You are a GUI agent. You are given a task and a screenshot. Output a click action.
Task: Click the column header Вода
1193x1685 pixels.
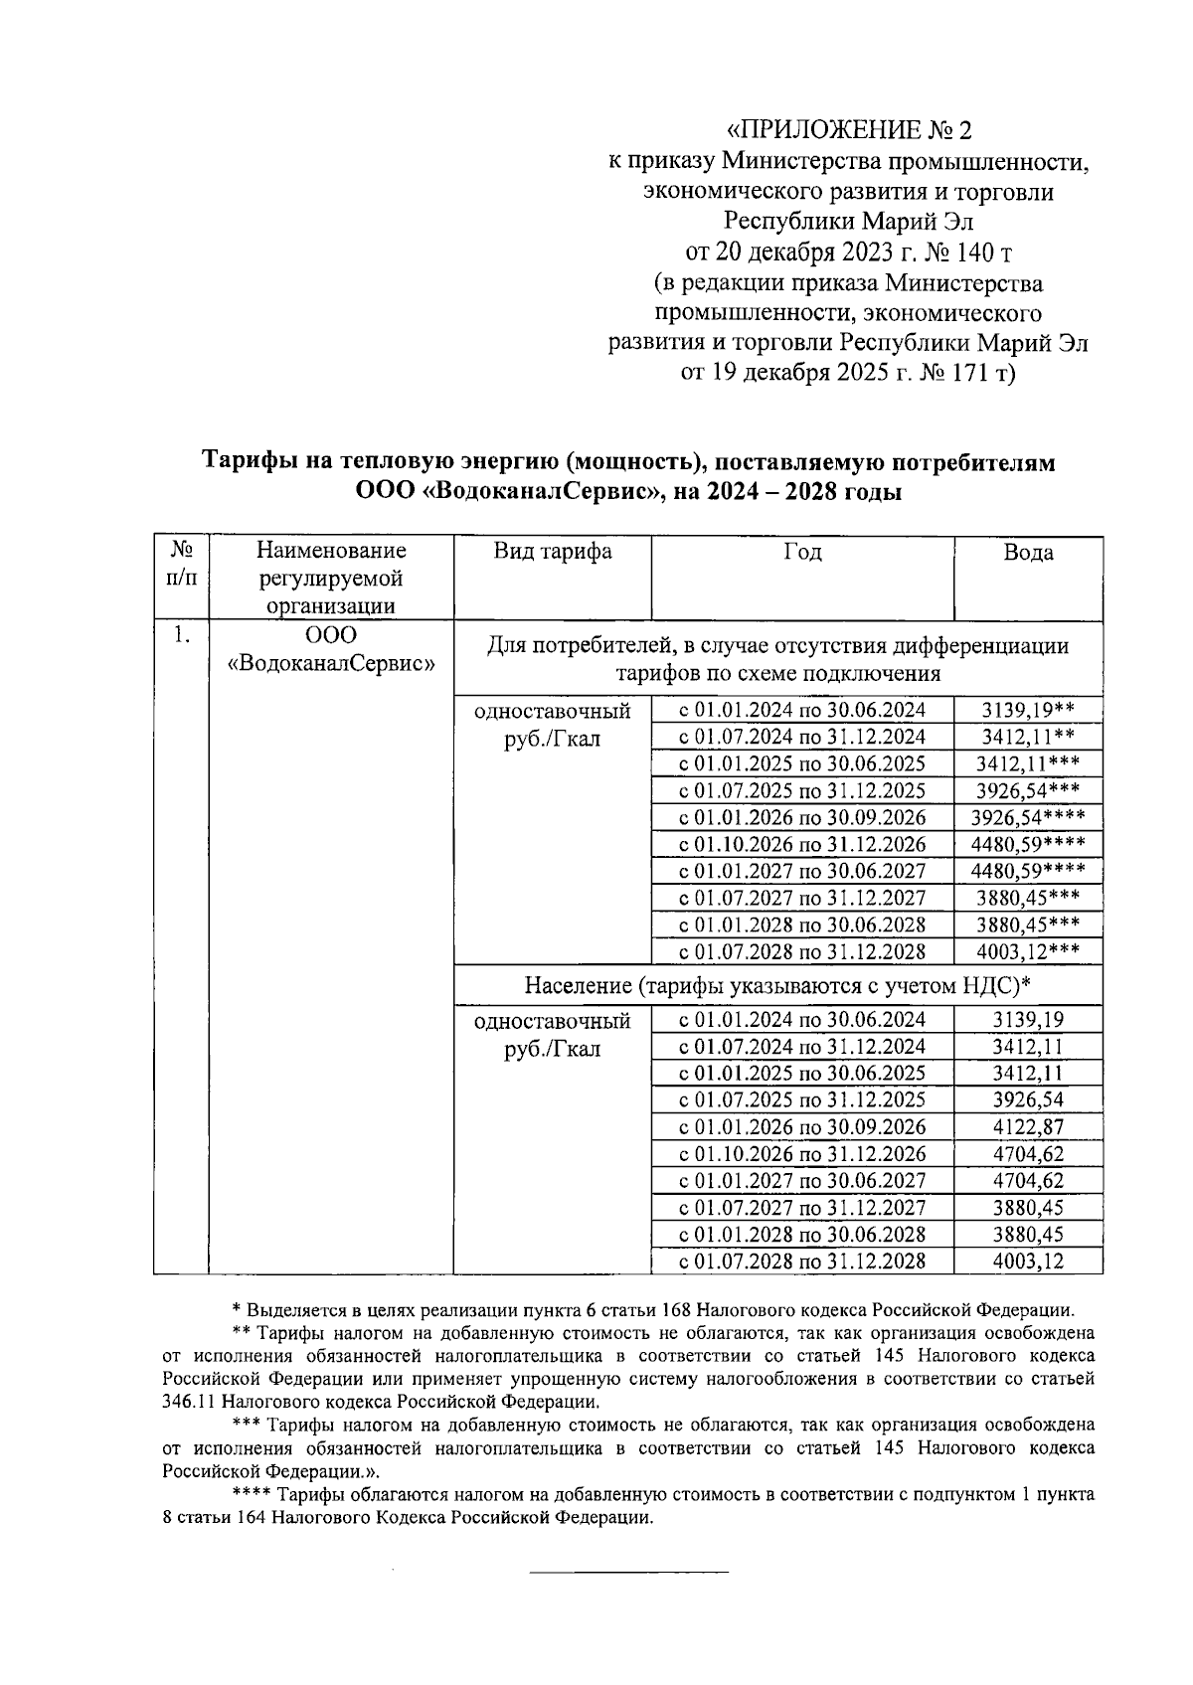tap(1028, 553)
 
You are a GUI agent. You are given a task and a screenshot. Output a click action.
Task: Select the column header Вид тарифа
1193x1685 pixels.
tap(553, 553)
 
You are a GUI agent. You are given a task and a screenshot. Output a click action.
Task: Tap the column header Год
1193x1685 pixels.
tap(802, 553)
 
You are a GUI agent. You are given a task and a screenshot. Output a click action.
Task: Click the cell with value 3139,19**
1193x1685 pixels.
tap(1028, 710)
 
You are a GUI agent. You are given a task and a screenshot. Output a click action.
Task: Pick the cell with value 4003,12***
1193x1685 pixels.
tap(1028, 951)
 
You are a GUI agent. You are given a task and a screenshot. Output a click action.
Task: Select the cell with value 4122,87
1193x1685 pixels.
tap(1028, 1127)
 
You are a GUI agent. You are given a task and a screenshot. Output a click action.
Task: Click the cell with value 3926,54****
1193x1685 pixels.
tap(1028, 818)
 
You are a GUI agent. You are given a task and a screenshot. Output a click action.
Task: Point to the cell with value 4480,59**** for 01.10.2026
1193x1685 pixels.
tap(1028, 845)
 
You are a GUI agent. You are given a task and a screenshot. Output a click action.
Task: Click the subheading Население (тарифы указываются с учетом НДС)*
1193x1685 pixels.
tap(777, 986)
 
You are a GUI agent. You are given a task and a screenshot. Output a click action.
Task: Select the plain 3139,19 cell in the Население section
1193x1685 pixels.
tap(1028, 1020)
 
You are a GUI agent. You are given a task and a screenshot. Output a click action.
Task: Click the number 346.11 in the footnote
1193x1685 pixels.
tap(189, 1403)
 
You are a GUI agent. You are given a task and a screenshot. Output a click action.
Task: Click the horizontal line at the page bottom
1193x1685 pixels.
tap(628, 1572)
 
